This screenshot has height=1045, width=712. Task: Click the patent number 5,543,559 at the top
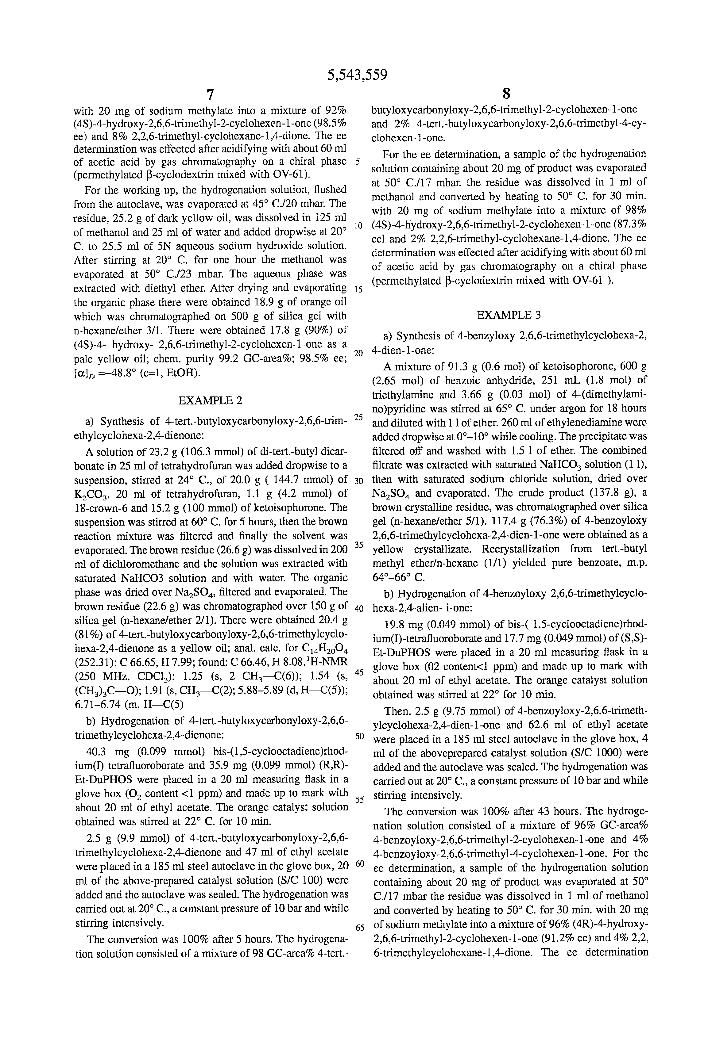tap(357, 74)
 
